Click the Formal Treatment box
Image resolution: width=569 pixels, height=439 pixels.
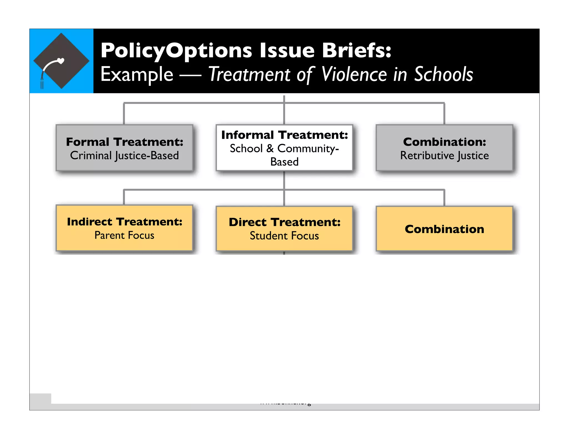124,148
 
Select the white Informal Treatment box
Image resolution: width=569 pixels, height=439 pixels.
284,148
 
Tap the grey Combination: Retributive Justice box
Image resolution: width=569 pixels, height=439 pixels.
444,148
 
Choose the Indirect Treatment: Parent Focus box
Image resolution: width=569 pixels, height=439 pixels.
124,228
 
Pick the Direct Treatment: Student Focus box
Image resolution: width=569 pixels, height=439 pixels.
284,229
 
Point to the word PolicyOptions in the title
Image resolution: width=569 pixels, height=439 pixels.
176,51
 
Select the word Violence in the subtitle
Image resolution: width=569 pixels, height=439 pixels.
354,74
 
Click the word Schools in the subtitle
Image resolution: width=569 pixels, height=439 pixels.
443,74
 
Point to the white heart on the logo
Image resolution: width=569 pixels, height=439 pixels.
61,60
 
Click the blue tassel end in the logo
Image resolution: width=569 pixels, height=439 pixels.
42,83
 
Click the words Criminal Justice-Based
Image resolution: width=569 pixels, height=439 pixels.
124,156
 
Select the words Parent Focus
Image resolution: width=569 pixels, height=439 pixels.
124,236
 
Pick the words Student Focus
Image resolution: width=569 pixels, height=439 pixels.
284,236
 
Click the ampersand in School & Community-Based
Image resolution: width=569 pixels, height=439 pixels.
270,149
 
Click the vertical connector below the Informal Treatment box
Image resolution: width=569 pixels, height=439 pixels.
284,180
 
